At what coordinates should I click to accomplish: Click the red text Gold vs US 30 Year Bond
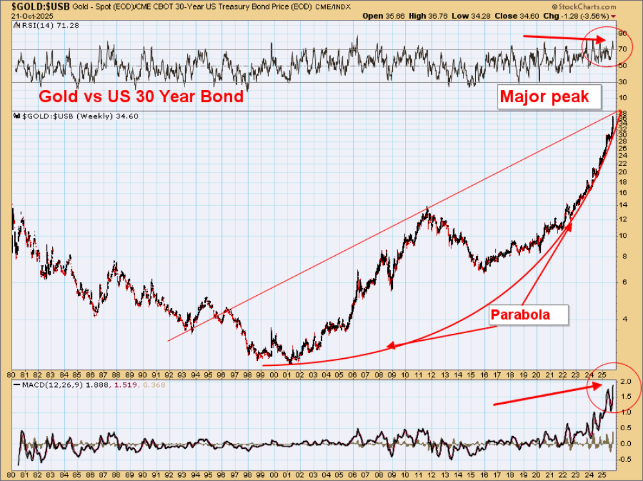(141, 96)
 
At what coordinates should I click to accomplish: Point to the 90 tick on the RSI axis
(622, 33)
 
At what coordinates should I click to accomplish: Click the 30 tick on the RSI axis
(622, 82)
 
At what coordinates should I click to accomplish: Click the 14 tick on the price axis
(622, 205)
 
